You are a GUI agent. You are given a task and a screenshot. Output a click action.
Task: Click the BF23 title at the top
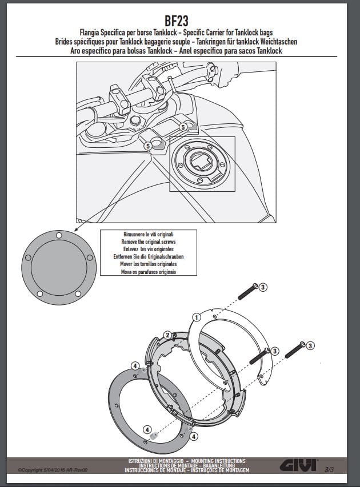pyautogui.click(x=176, y=21)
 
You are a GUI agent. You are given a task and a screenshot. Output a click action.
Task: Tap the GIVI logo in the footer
pyautogui.click(x=298, y=465)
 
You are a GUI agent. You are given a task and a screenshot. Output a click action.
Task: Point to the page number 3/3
pyautogui.click(x=329, y=469)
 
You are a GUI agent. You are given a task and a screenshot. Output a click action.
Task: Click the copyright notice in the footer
pyautogui.click(x=53, y=470)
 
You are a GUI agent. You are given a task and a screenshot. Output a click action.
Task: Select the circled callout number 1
pyautogui.click(x=197, y=317)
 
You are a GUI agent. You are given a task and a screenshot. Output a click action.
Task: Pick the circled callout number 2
pyautogui.click(x=168, y=335)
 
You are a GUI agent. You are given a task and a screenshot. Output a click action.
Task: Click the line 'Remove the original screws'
pyautogui.click(x=149, y=242)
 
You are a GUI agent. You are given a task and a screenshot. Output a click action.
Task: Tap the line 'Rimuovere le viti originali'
pyautogui.click(x=149, y=234)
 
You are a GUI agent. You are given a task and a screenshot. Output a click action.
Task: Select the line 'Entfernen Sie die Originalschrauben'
pyautogui.click(x=149, y=256)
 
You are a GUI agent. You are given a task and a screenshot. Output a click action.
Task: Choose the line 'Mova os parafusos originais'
pyautogui.click(x=149, y=272)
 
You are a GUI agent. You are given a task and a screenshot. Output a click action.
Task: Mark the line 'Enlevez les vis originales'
pyautogui.click(x=149, y=249)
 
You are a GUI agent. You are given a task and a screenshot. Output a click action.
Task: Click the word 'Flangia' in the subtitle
pyautogui.click(x=89, y=33)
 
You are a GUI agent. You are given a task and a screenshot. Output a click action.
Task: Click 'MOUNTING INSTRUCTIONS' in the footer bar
pyautogui.click(x=218, y=461)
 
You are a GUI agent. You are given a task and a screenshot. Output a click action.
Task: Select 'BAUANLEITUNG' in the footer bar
pyautogui.click(x=219, y=465)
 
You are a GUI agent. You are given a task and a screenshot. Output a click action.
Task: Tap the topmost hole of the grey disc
pyautogui.click(x=59, y=236)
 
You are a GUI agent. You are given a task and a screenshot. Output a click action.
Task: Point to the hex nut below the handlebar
pyautogui.click(x=135, y=120)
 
